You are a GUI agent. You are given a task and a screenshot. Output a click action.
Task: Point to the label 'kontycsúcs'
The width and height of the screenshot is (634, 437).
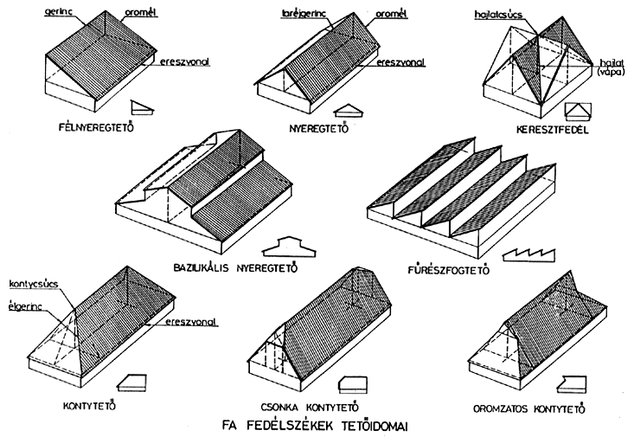pos(31,284)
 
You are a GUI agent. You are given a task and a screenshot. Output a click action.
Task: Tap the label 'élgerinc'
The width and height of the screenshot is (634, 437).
pos(28,302)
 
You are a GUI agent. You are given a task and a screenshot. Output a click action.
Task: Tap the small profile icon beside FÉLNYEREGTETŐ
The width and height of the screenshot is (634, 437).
pos(144,107)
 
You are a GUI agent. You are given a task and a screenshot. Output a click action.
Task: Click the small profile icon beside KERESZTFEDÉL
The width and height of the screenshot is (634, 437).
pos(578,110)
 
